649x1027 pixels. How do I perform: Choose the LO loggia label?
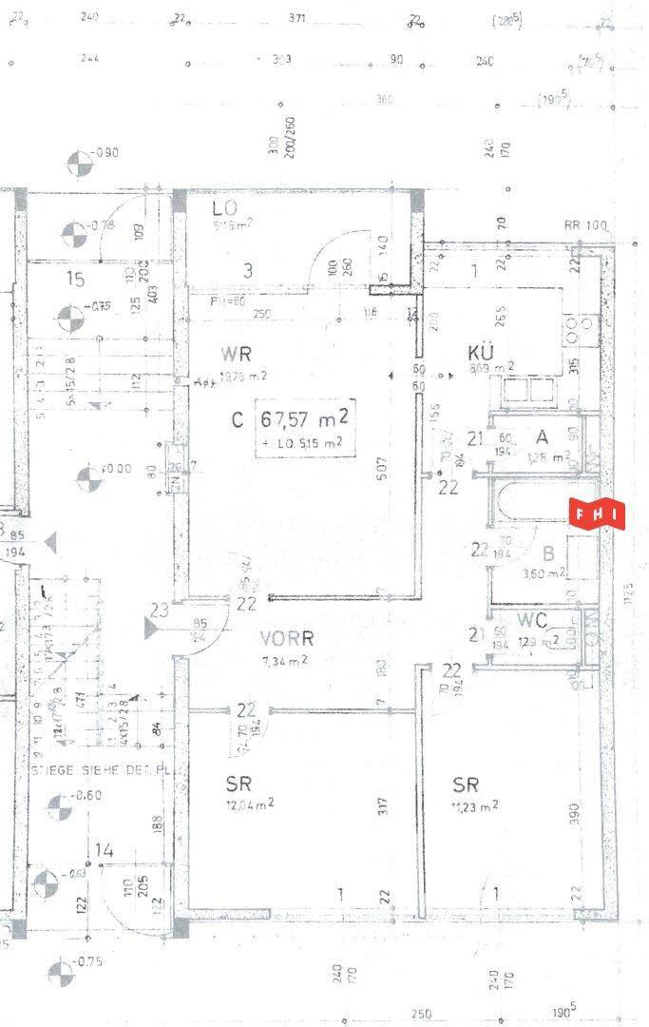point(224,208)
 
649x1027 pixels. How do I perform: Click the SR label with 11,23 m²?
point(466,785)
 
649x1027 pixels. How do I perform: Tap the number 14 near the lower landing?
point(105,850)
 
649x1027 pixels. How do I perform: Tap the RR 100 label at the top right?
point(585,225)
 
